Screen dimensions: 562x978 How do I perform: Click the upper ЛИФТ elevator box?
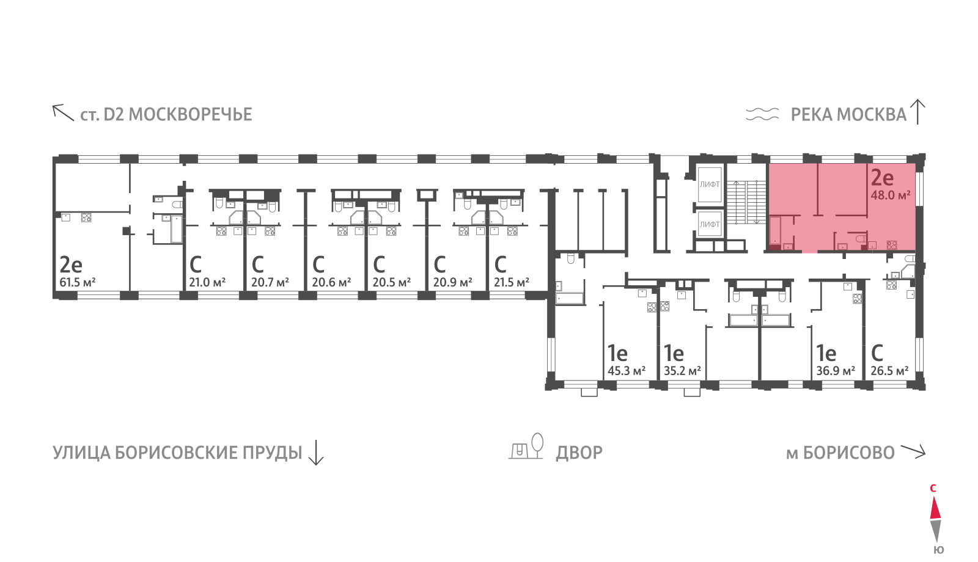click(710, 184)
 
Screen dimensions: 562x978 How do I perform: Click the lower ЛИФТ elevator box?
click(710, 224)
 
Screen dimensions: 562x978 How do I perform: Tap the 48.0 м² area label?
click(890, 195)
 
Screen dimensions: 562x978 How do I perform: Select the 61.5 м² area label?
click(77, 283)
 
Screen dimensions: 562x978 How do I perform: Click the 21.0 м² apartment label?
click(207, 283)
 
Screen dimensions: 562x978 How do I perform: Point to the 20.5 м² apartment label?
click(391, 283)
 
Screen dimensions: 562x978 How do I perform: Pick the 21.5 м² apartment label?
click(511, 283)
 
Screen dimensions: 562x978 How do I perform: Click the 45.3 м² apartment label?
click(626, 371)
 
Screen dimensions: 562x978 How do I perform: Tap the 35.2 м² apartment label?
click(682, 371)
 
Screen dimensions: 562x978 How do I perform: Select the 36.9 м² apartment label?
click(835, 371)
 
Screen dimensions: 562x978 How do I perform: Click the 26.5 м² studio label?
click(889, 371)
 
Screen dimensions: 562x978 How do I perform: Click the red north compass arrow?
click(935, 508)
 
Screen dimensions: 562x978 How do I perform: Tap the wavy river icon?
click(762, 114)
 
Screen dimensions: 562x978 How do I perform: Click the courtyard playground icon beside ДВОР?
click(526, 447)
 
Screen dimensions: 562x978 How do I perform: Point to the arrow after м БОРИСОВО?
click(913, 452)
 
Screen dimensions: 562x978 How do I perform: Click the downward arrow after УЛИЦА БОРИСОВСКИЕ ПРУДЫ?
click(315, 453)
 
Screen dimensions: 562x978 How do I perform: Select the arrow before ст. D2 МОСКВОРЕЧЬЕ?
click(62, 112)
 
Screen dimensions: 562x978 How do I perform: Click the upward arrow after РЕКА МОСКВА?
click(918, 112)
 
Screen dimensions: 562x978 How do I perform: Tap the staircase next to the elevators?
click(746, 202)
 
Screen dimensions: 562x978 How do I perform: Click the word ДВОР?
click(579, 453)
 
